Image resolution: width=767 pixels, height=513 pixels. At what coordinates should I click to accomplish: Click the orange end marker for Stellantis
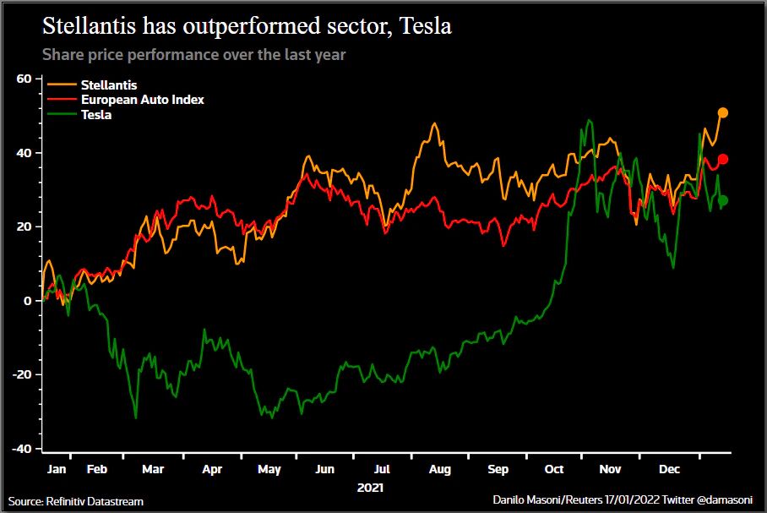[722, 112]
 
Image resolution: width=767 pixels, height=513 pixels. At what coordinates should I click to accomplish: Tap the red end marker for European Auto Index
[723, 159]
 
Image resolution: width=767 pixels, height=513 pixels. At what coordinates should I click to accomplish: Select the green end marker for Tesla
[723, 200]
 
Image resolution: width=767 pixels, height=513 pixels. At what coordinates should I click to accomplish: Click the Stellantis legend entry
[108, 85]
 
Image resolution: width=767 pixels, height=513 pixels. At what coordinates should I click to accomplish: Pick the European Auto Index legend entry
[142, 100]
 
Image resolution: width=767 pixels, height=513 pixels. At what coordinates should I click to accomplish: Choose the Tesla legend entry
[96, 114]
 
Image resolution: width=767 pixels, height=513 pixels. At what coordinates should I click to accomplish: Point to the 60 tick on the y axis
[24, 79]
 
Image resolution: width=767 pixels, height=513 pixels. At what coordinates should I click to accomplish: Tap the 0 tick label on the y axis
[28, 301]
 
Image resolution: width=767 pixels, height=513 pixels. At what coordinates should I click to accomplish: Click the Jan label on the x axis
[57, 468]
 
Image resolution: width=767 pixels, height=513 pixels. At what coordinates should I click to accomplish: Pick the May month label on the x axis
[269, 468]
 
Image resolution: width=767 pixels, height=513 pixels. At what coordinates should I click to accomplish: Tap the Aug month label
[440, 468]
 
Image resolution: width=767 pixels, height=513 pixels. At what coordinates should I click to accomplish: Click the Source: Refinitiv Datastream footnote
[76, 502]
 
